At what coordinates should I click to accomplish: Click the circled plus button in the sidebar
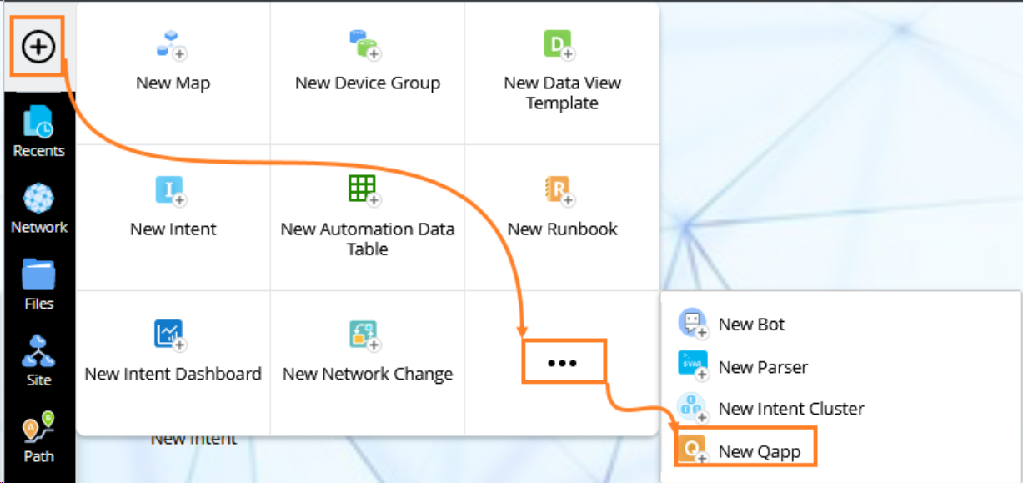(38, 46)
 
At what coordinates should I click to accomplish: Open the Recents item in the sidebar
(38, 131)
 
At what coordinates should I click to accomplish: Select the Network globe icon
(38, 198)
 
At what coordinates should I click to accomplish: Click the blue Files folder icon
(38, 274)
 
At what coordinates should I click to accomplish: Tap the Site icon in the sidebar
(38, 350)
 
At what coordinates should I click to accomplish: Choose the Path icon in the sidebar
(38, 427)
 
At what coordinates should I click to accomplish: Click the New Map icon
(172, 45)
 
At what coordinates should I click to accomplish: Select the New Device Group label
(368, 83)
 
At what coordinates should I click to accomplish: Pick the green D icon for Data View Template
(559, 45)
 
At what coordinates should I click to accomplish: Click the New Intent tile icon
(171, 191)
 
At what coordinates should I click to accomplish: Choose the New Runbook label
(562, 229)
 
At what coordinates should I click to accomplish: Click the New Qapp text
(759, 451)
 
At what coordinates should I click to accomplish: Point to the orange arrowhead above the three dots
(522, 332)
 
